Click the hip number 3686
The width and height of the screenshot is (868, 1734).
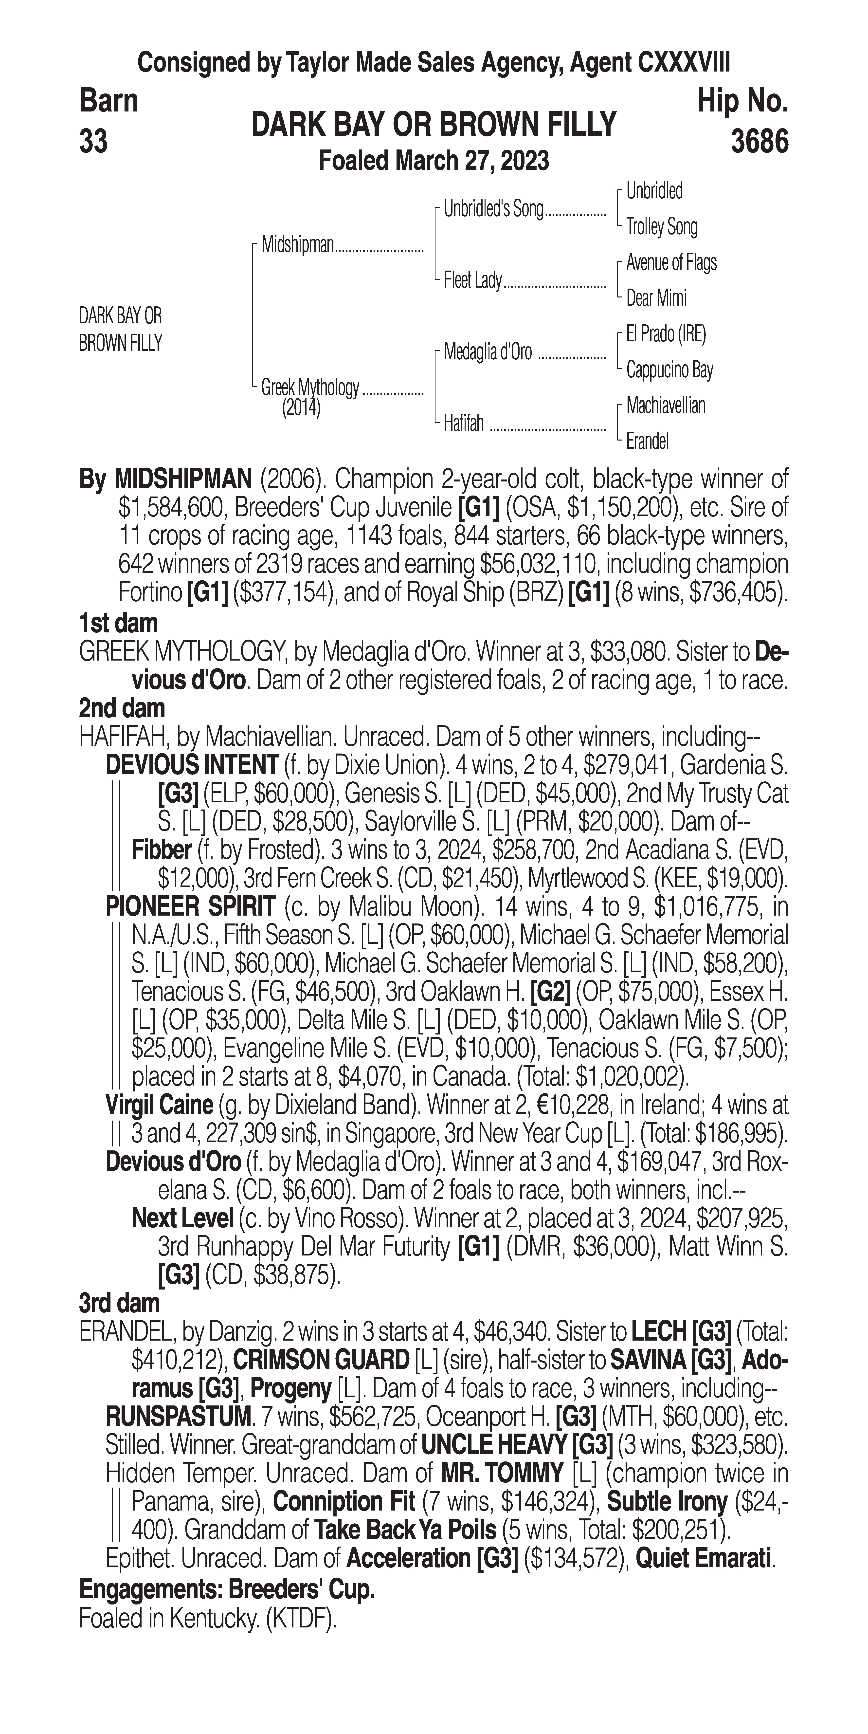tap(759, 142)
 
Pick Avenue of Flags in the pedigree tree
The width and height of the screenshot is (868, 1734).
tap(671, 262)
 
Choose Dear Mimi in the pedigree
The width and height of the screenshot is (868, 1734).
tap(656, 298)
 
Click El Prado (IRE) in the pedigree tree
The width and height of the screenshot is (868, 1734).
tap(666, 334)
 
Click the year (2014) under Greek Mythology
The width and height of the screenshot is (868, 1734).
tap(301, 408)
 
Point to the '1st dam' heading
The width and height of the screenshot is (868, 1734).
tap(118, 623)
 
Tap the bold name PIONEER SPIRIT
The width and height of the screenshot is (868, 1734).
tap(190, 907)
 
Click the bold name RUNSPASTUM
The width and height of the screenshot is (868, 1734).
tap(178, 1417)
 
